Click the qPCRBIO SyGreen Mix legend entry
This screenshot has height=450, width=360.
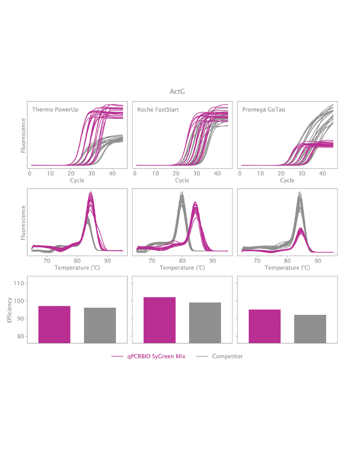(x=148, y=356)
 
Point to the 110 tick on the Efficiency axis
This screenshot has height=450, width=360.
(x=19, y=283)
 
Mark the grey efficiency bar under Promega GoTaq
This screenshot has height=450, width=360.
(x=310, y=328)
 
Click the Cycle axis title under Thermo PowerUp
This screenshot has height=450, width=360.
(x=76, y=180)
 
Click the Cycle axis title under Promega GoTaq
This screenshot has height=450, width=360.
(x=287, y=180)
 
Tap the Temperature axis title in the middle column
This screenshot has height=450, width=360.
(x=182, y=267)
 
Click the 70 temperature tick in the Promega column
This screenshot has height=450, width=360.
(x=257, y=260)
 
